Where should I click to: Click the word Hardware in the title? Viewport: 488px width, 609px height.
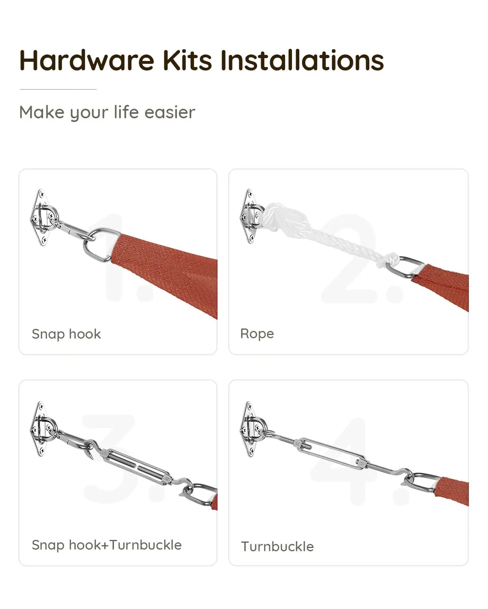[x=87, y=60]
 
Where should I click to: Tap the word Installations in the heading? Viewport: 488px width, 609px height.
[x=302, y=60]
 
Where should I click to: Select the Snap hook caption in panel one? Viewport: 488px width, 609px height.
[x=66, y=334]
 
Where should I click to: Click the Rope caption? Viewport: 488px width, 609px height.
[x=257, y=333]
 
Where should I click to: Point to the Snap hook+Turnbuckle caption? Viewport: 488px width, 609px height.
[x=107, y=545]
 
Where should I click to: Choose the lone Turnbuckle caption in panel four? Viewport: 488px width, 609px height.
[x=277, y=546]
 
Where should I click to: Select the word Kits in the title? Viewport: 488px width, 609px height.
[x=187, y=60]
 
